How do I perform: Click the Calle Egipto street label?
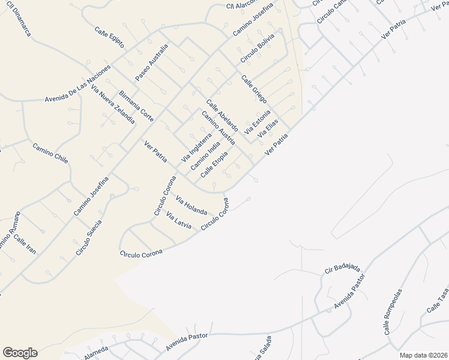coord(109,37)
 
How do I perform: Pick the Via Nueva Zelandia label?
coord(113,104)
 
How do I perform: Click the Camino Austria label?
coord(218,128)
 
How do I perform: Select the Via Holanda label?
coord(191,204)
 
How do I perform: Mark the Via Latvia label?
coord(179,221)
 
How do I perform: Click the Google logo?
coord(20,353)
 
